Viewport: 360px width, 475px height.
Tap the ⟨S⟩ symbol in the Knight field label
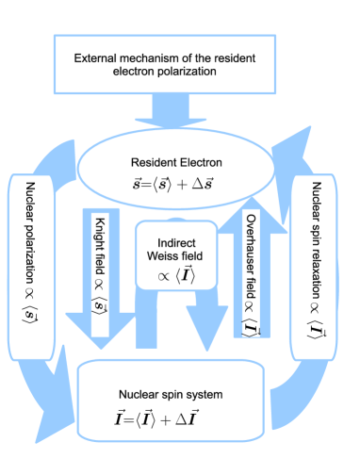point(98,304)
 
